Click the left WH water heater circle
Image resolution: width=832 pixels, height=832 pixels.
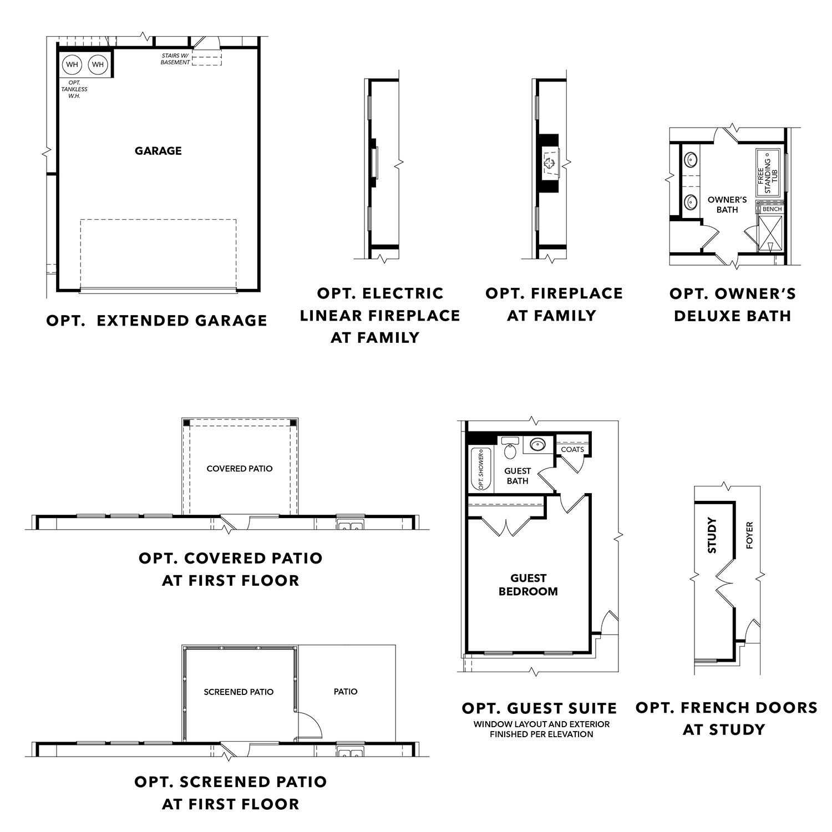point(72,65)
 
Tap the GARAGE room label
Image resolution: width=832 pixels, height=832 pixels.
point(158,151)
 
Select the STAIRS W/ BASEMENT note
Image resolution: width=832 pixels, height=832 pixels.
point(176,59)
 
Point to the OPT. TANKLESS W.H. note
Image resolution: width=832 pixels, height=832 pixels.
point(74,89)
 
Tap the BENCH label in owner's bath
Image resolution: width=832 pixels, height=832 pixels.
point(772,209)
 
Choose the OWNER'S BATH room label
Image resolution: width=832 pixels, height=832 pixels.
point(727,204)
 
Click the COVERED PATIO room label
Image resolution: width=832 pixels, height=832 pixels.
point(240,469)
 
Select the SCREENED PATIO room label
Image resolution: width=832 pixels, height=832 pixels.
point(239,692)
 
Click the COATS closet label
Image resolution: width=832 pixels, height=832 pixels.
point(572,449)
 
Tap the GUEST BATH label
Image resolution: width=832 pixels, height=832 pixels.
point(518,476)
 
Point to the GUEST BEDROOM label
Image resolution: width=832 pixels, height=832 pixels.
point(528,585)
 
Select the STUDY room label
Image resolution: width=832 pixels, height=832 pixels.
point(713,535)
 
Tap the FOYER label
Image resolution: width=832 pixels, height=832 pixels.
point(749,535)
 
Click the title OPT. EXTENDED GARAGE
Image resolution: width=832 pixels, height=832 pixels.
point(157,321)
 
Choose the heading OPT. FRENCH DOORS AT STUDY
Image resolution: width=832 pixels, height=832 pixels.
point(726,718)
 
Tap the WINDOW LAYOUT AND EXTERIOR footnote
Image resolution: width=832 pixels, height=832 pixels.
point(541,724)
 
